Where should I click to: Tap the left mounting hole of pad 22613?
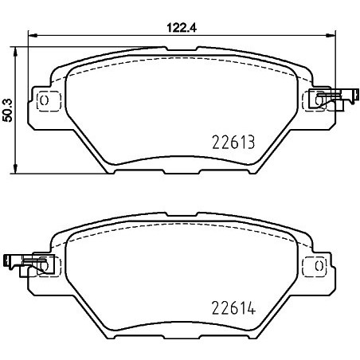[x=45, y=101]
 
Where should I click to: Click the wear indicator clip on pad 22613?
[x=332, y=100]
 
